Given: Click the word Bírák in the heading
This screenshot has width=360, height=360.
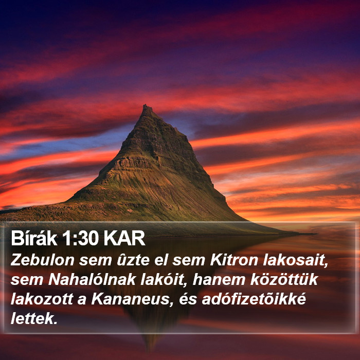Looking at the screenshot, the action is [34, 238].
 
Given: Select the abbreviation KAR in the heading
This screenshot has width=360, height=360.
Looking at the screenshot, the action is [124, 239].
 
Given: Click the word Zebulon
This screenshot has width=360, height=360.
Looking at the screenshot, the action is [43, 260].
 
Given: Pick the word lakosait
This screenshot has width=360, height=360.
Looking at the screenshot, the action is [296, 260].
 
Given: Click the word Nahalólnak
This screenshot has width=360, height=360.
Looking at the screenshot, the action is [92, 279].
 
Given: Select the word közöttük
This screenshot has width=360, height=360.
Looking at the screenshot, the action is [284, 279].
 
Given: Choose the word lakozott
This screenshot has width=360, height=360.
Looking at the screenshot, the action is [42, 299].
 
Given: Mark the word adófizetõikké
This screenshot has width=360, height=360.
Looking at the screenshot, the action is [254, 299].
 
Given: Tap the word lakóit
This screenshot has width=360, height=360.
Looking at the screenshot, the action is [164, 280].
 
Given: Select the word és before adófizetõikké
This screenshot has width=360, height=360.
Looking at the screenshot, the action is [188, 299].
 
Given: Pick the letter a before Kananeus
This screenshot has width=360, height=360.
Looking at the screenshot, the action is [82, 301].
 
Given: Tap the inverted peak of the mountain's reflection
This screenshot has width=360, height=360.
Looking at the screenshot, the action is [150, 347].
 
